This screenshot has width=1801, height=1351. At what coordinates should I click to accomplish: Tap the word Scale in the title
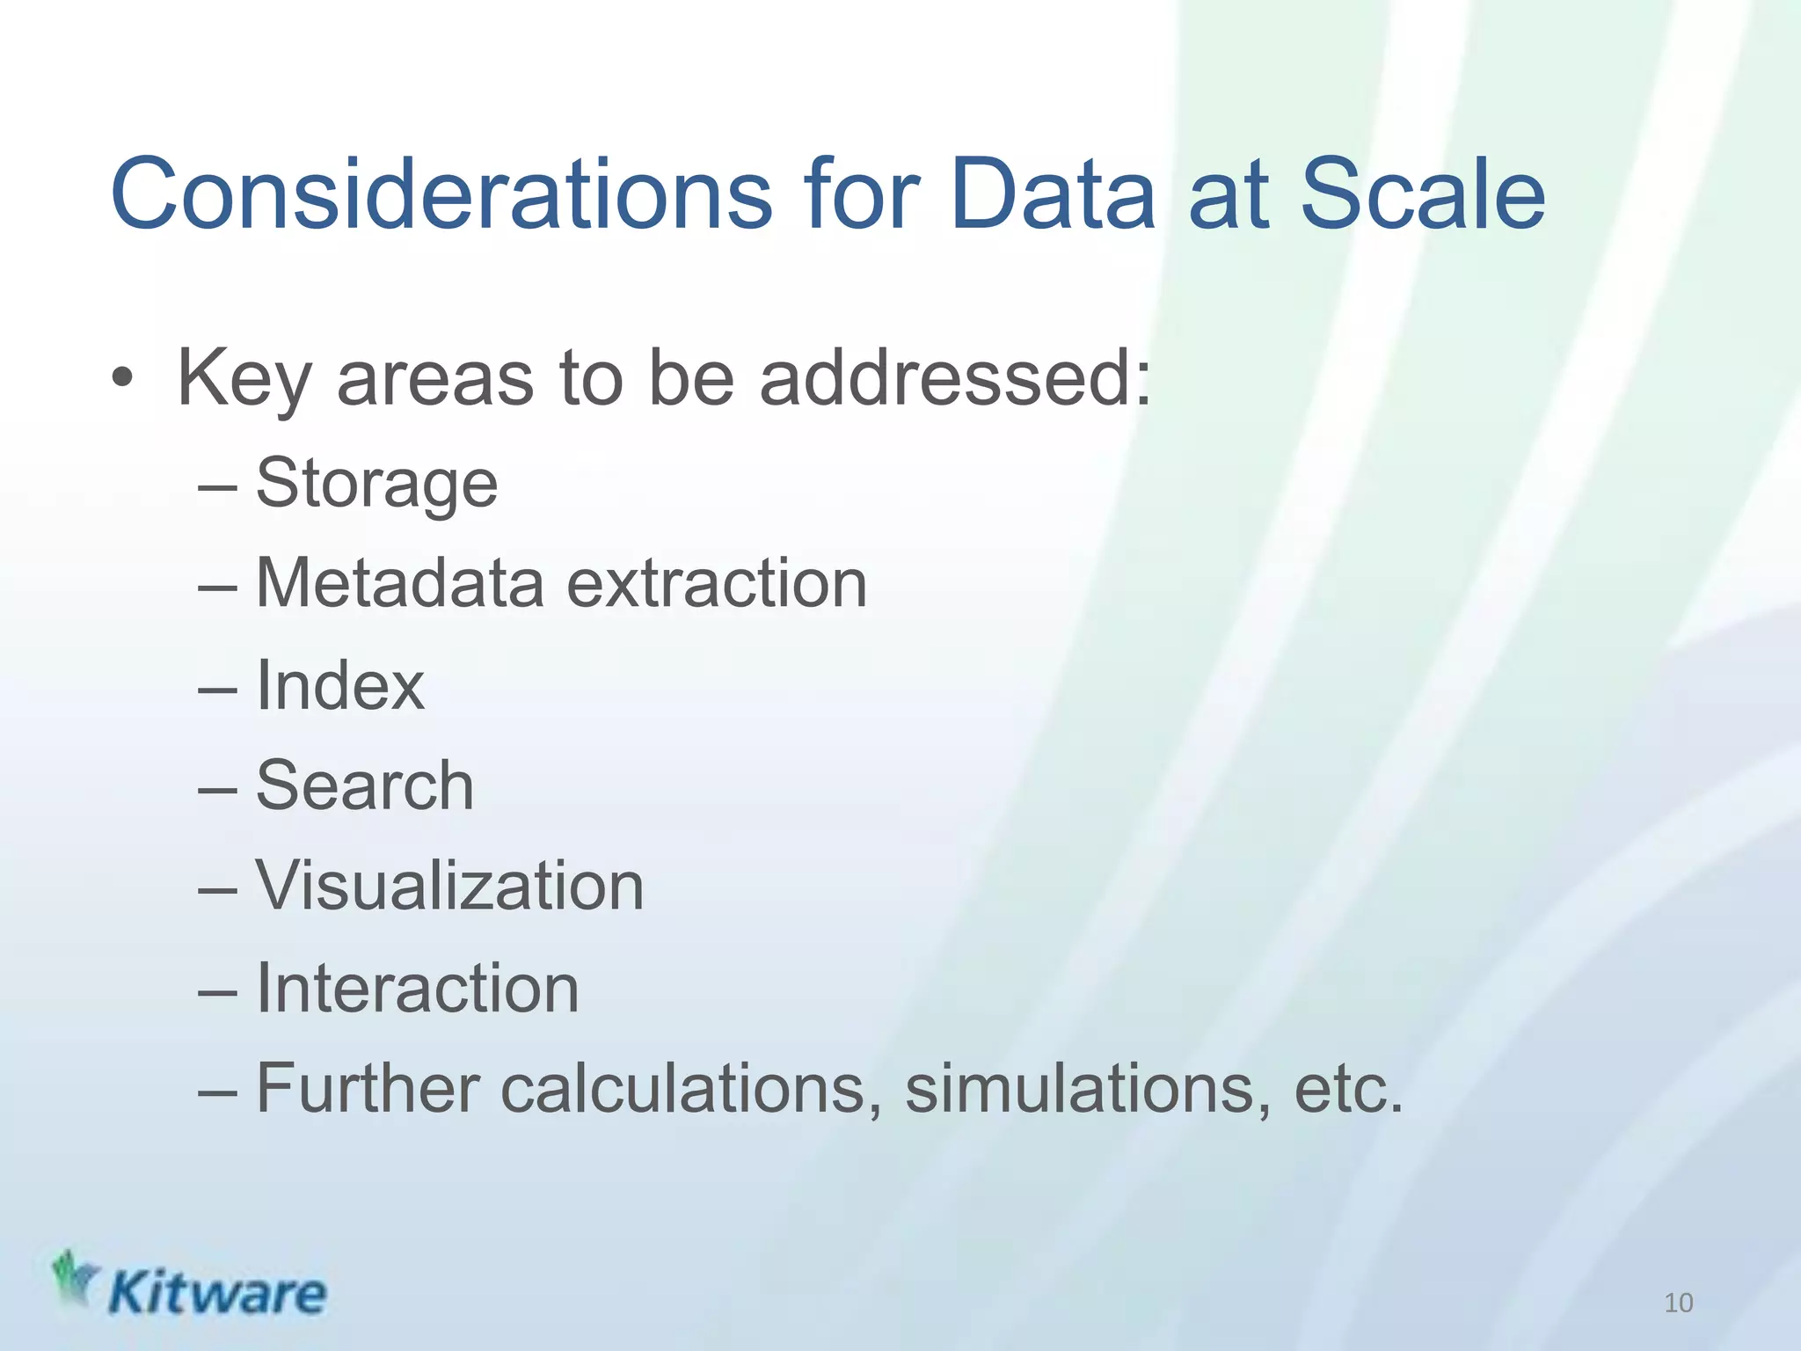click(1422, 194)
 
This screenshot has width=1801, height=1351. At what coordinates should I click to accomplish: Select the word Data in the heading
click(1052, 194)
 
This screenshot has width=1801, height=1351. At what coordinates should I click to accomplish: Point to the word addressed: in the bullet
click(955, 379)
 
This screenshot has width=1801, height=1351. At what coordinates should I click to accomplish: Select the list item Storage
click(376, 484)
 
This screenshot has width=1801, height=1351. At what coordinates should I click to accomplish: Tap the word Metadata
click(399, 584)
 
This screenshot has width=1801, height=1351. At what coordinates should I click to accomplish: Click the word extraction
click(717, 584)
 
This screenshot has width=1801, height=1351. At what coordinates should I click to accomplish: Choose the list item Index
click(339, 686)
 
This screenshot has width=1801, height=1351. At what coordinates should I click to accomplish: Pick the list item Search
click(364, 785)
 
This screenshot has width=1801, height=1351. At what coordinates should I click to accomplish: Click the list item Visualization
click(449, 886)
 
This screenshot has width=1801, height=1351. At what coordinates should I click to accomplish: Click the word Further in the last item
click(368, 1089)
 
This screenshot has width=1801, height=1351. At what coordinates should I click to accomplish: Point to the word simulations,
click(1088, 1089)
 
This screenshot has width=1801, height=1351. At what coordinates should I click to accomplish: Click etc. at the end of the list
click(1347, 1089)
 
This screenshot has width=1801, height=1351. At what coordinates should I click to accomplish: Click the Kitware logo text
click(216, 1294)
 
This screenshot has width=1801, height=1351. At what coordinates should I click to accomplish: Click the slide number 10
click(1678, 1303)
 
